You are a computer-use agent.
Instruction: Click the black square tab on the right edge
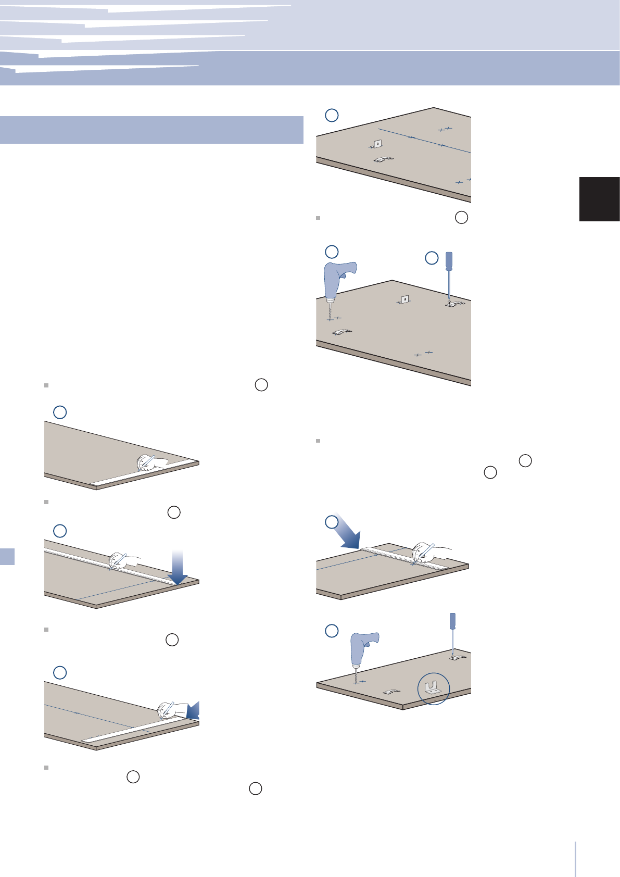(599, 199)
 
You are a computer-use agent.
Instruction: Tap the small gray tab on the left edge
(7, 556)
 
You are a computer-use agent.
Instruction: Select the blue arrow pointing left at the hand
(192, 710)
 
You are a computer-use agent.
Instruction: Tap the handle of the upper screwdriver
(449, 260)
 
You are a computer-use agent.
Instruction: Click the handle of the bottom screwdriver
(452, 620)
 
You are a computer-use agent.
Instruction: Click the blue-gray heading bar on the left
(151, 130)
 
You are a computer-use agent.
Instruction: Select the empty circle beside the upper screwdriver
(432, 258)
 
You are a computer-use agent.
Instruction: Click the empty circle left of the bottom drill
(332, 631)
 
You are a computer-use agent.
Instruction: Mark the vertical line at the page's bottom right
(576, 859)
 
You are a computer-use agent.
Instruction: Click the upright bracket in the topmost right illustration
(377, 144)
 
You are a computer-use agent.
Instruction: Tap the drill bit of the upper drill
(330, 311)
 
